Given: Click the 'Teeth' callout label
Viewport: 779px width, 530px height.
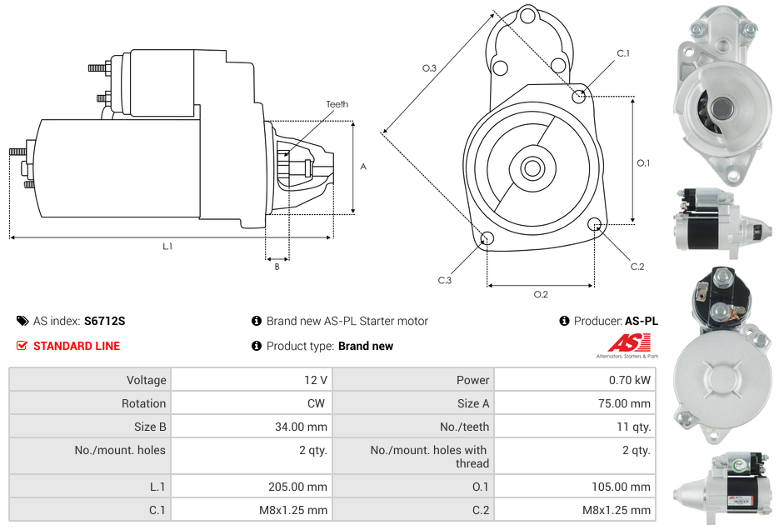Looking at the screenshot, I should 337,104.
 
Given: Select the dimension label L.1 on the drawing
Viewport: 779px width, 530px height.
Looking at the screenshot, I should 167,247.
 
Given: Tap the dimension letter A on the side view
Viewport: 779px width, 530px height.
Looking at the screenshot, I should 363,167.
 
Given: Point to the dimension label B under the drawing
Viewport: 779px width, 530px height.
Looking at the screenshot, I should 277,267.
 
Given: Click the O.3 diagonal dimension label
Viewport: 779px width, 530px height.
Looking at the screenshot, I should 429,68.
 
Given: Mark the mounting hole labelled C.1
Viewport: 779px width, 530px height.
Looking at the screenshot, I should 579,96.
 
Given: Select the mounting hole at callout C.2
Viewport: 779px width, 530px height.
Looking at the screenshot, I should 595,224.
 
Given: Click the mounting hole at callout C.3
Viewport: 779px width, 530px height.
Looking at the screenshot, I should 487,240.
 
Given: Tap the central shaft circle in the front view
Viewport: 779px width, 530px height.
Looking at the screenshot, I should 532,168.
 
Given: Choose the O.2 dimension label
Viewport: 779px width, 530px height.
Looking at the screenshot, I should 540,294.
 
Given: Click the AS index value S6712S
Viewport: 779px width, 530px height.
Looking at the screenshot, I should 104,321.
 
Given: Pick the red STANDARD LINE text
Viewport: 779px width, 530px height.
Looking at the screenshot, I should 76,346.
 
